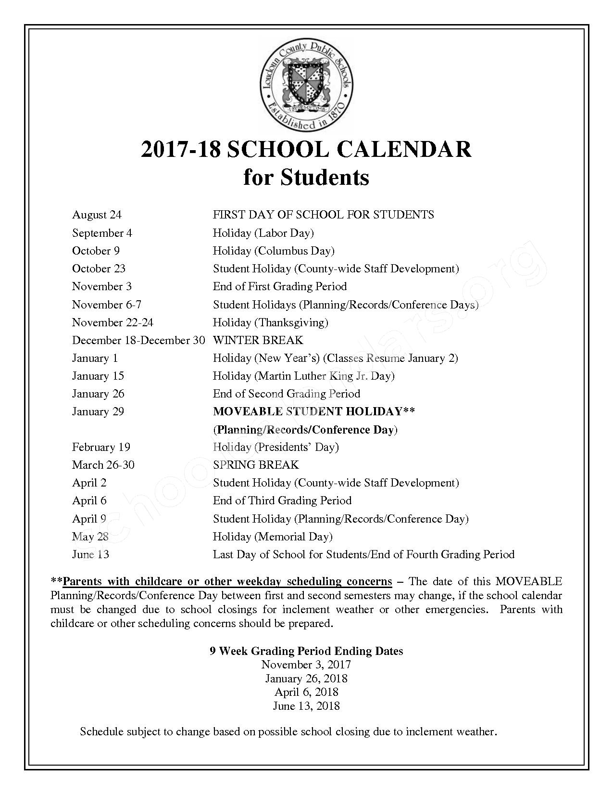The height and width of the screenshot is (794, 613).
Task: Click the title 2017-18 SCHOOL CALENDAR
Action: click(306, 150)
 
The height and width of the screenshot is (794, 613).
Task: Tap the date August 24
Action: click(97, 215)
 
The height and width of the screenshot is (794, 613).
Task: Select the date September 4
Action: click(102, 233)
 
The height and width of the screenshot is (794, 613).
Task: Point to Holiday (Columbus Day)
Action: click(274, 251)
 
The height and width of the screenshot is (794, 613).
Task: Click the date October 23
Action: click(99, 269)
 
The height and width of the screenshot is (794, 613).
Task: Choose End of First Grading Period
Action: click(280, 286)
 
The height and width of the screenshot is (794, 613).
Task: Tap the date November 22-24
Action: click(113, 322)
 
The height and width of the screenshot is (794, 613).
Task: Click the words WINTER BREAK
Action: click(258, 340)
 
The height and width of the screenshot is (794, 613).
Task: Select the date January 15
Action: click(98, 376)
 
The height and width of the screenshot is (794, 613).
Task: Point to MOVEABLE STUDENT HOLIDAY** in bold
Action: click(314, 411)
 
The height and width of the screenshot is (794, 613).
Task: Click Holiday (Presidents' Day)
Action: click(275, 447)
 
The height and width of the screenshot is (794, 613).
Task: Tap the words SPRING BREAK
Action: click(256, 465)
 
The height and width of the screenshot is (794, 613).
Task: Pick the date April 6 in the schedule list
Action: click(89, 500)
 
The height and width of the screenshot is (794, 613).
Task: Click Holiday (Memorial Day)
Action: click(273, 536)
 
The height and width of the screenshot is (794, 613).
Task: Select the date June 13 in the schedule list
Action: click(90, 554)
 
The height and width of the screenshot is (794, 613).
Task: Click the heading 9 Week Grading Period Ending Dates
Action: click(306, 651)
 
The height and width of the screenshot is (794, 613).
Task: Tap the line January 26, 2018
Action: click(306, 679)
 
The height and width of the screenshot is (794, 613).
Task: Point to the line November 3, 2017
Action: click(306, 665)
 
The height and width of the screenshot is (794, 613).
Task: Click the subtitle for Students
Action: click(306, 177)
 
